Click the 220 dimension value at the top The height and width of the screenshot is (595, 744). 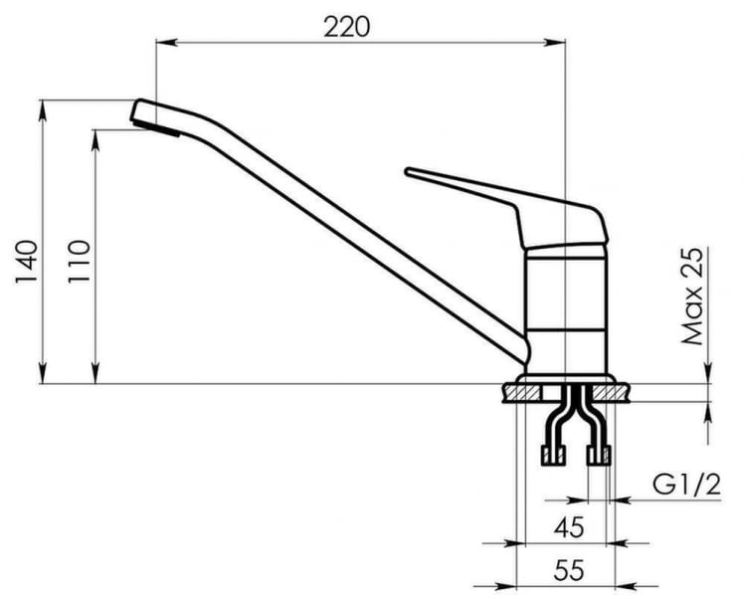coord(346,26)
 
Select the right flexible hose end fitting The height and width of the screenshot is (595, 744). coord(598,456)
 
